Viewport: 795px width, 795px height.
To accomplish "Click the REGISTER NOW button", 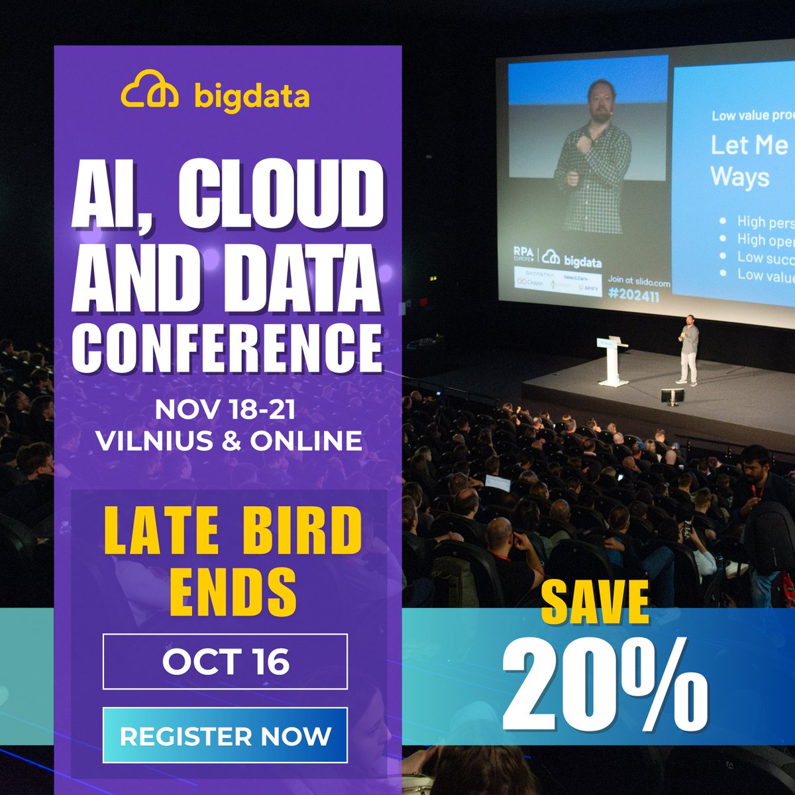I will coord(225,736).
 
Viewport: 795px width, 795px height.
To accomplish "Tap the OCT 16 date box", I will coord(225,662).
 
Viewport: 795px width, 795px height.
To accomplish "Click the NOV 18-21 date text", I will coord(225,410).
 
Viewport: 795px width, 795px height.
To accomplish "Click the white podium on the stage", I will coord(613,361).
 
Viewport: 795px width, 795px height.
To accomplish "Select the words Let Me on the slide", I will coord(749,145).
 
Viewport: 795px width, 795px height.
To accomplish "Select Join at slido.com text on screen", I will coord(639,283).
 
